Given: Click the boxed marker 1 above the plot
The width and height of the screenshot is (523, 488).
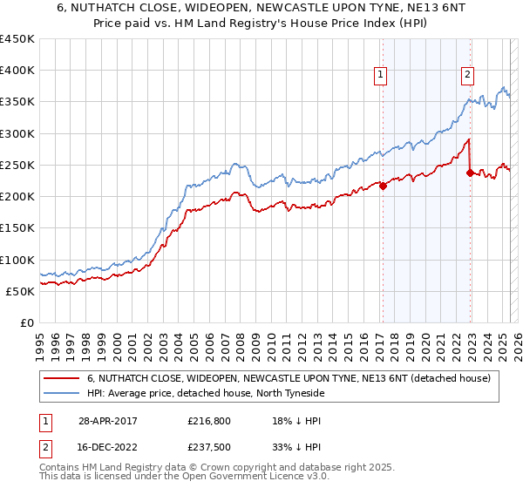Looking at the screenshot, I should (x=381, y=76).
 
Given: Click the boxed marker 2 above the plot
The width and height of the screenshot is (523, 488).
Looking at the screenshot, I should (x=468, y=76).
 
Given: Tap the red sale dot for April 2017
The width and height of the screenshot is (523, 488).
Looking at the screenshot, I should (x=382, y=185).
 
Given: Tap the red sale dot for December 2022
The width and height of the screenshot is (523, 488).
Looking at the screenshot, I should (x=470, y=173).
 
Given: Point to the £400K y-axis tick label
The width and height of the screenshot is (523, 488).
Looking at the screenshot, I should (x=18, y=71).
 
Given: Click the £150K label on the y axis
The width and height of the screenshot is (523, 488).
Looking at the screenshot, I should (x=18, y=228).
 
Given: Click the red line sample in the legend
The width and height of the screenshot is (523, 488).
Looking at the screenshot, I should (x=61, y=378).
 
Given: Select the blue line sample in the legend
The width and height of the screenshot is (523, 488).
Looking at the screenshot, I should (x=61, y=393).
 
